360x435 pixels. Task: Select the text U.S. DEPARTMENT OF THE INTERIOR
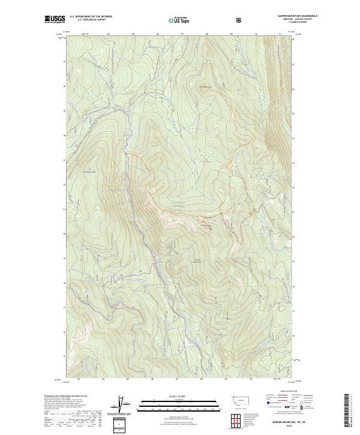click(91, 17)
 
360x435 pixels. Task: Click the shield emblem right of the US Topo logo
click(206, 20)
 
